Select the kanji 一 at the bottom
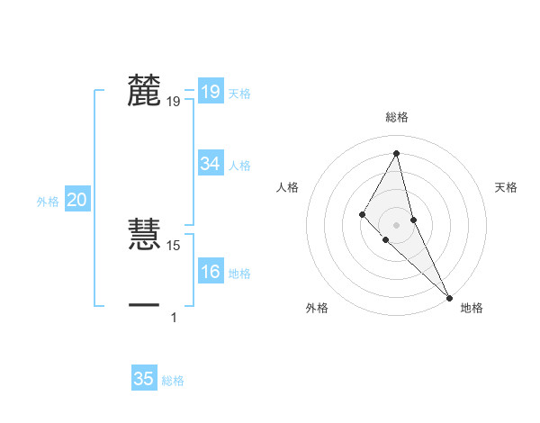click(144, 306)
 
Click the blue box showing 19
click(210, 92)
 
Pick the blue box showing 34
click(210, 164)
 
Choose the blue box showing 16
click(210, 273)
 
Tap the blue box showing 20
click(76, 201)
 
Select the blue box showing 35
click(144, 379)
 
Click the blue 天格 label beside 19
click(239, 94)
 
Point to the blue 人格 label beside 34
click(239, 166)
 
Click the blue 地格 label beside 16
click(239, 274)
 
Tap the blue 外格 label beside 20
click(48, 202)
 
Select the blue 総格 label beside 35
click(173, 381)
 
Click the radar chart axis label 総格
click(397, 117)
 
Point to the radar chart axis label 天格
click(507, 187)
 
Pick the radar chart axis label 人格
click(287, 187)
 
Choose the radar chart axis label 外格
click(317, 308)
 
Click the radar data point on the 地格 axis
click(449, 296)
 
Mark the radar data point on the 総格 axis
click(397, 152)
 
